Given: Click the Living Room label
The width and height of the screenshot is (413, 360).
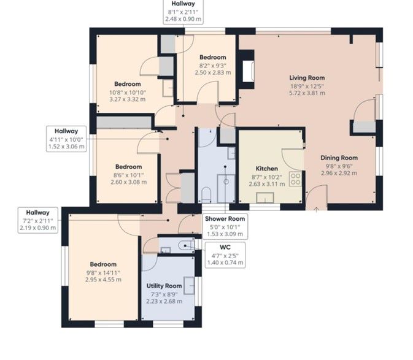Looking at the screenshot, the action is [x=307, y=78].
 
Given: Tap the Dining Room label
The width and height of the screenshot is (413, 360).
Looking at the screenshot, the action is [x=339, y=158].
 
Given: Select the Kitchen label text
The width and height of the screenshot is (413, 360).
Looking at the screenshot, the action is [x=267, y=169].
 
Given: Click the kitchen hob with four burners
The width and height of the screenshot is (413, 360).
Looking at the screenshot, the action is [x=296, y=179].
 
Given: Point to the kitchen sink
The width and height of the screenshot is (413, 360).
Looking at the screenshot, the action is [x=265, y=197].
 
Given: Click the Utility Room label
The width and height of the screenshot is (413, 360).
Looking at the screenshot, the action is [x=164, y=286].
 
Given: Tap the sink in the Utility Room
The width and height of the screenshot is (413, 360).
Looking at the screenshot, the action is [x=189, y=285].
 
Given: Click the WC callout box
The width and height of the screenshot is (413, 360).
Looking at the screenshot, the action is [x=225, y=255].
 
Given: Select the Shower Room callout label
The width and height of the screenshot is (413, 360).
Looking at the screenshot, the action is [x=225, y=219].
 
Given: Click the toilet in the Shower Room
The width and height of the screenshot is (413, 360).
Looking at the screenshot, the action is [x=206, y=195].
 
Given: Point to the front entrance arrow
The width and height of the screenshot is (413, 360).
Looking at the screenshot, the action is [x=316, y=210].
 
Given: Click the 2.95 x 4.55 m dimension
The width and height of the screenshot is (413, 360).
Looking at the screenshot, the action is [x=103, y=280].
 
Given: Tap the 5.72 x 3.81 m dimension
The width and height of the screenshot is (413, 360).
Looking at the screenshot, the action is [x=307, y=93].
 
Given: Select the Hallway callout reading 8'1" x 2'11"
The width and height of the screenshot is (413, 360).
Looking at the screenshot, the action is [x=183, y=12].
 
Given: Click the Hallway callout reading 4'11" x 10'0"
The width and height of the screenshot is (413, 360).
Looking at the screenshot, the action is [x=66, y=139].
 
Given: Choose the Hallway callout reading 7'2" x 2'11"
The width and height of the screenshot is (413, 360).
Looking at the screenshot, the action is [x=38, y=220].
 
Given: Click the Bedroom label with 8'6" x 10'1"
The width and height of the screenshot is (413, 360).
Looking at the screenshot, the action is [x=128, y=167].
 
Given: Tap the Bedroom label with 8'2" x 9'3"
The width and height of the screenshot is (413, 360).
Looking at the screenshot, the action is [x=213, y=58].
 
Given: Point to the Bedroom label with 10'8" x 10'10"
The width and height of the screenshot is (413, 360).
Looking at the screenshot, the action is [x=128, y=84].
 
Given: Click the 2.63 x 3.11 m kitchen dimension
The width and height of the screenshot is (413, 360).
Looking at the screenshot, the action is [x=267, y=184].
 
